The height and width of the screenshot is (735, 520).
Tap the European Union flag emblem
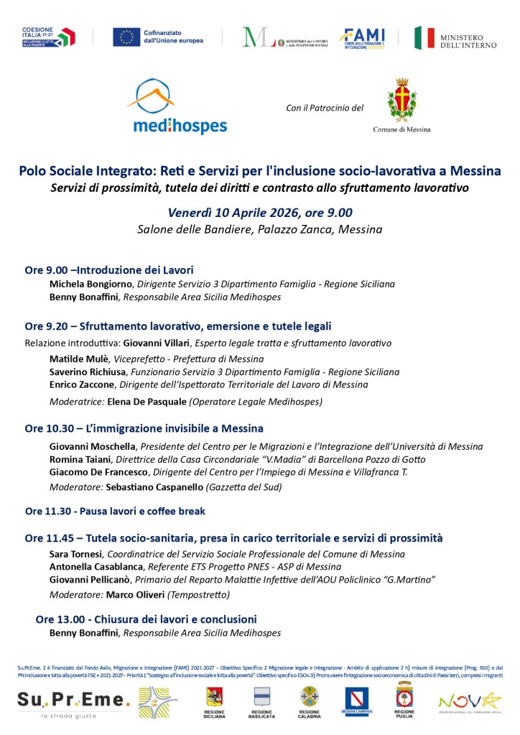click(126, 37)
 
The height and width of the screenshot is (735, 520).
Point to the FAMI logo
click(362, 38)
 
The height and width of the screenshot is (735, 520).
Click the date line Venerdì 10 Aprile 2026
click(259, 213)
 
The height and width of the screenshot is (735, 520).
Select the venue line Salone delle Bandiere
click(259, 230)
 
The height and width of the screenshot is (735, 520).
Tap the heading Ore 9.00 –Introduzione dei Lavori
click(109, 270)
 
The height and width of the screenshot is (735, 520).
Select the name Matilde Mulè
click(79, 359)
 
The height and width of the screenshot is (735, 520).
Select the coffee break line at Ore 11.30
click(115, 512)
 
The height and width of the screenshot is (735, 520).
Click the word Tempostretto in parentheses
click(198, 595)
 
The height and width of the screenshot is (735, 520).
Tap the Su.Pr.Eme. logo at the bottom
click(74, 699)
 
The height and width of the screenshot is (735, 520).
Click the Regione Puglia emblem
click(404, 699)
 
